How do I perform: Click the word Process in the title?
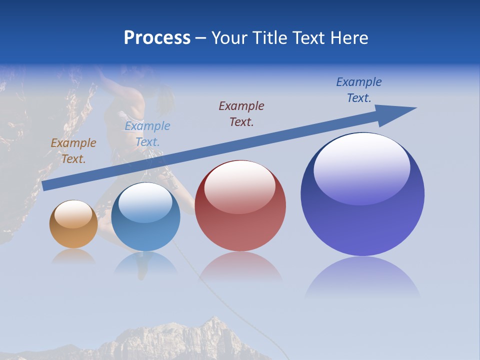157,38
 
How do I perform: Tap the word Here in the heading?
348,38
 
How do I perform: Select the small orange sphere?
73,224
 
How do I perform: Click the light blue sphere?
145,216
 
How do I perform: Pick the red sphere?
240,206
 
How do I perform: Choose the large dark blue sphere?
362,194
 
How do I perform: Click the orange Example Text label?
73,151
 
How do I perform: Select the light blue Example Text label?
147,134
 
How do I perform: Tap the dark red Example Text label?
241,113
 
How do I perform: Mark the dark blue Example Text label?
359,90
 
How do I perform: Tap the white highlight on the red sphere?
240,186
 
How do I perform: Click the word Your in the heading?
230,38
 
